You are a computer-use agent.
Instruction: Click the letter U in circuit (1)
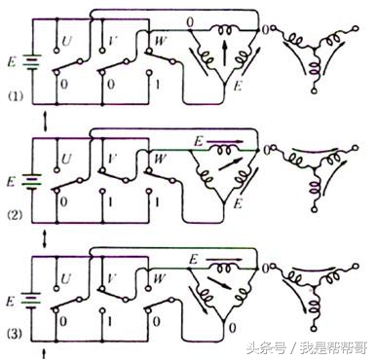67,43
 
